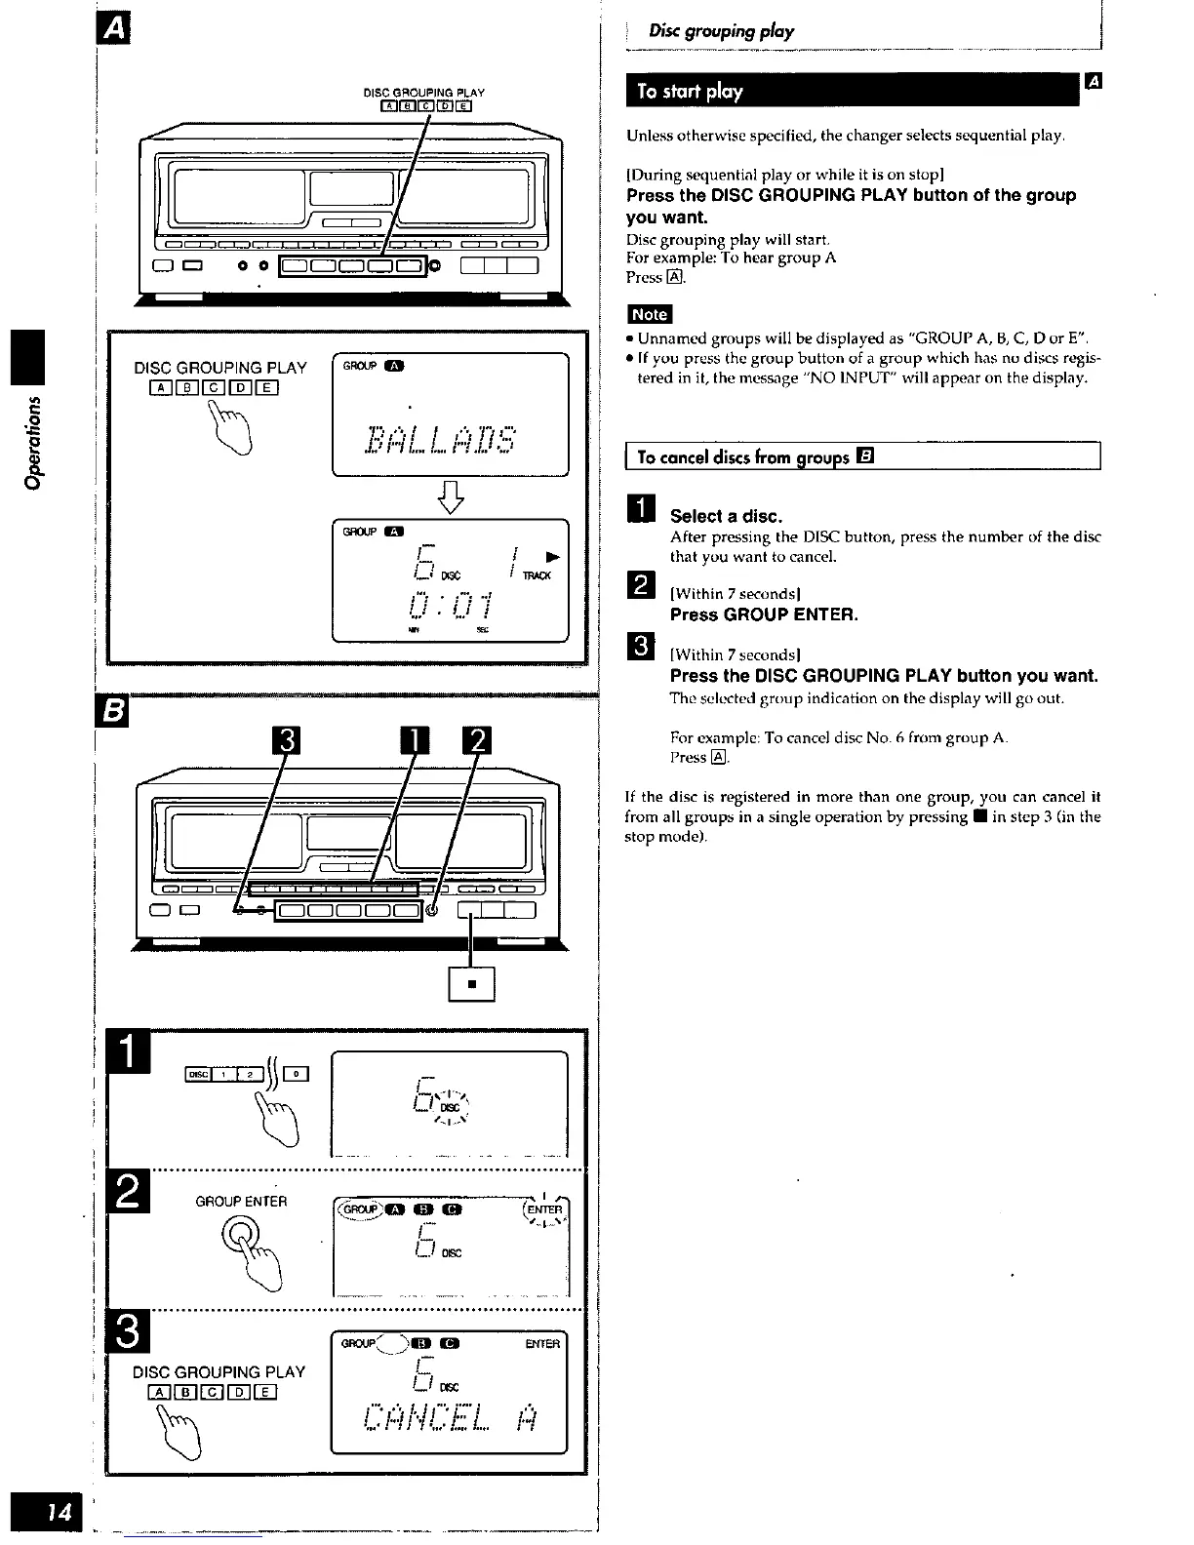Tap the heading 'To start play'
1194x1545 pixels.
[689, 92]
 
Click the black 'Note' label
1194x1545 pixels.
[649, 314]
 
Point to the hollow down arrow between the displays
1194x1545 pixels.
[455, 499]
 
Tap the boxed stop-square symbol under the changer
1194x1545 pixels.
[471, 983]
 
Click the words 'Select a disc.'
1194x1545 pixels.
[726, 516]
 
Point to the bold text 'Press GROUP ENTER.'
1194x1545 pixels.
[764, 615]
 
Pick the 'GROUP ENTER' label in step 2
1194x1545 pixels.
[241, 1202]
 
